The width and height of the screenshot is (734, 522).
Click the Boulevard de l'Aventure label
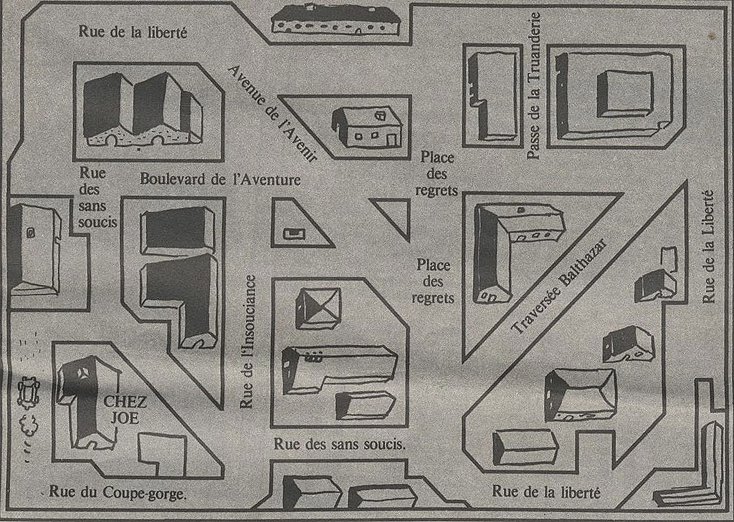point(220,179)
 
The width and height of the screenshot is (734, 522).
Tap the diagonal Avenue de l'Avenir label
point(272,114)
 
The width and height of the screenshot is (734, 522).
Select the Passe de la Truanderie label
point(534,86)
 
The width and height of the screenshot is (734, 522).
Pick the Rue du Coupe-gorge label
point(118,493)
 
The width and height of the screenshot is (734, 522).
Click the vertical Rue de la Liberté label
point(709,246)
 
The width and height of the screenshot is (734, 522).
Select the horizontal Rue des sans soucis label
point(339,443)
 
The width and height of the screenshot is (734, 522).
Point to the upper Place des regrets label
point(438,173)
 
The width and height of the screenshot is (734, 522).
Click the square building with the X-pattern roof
point(318,308)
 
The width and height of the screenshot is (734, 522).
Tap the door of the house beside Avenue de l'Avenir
point(392,140)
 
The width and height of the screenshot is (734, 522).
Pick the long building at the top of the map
point(335,20)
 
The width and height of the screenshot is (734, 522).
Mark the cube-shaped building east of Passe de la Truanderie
point(625,94)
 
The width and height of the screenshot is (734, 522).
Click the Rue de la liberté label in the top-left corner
point(133,32)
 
